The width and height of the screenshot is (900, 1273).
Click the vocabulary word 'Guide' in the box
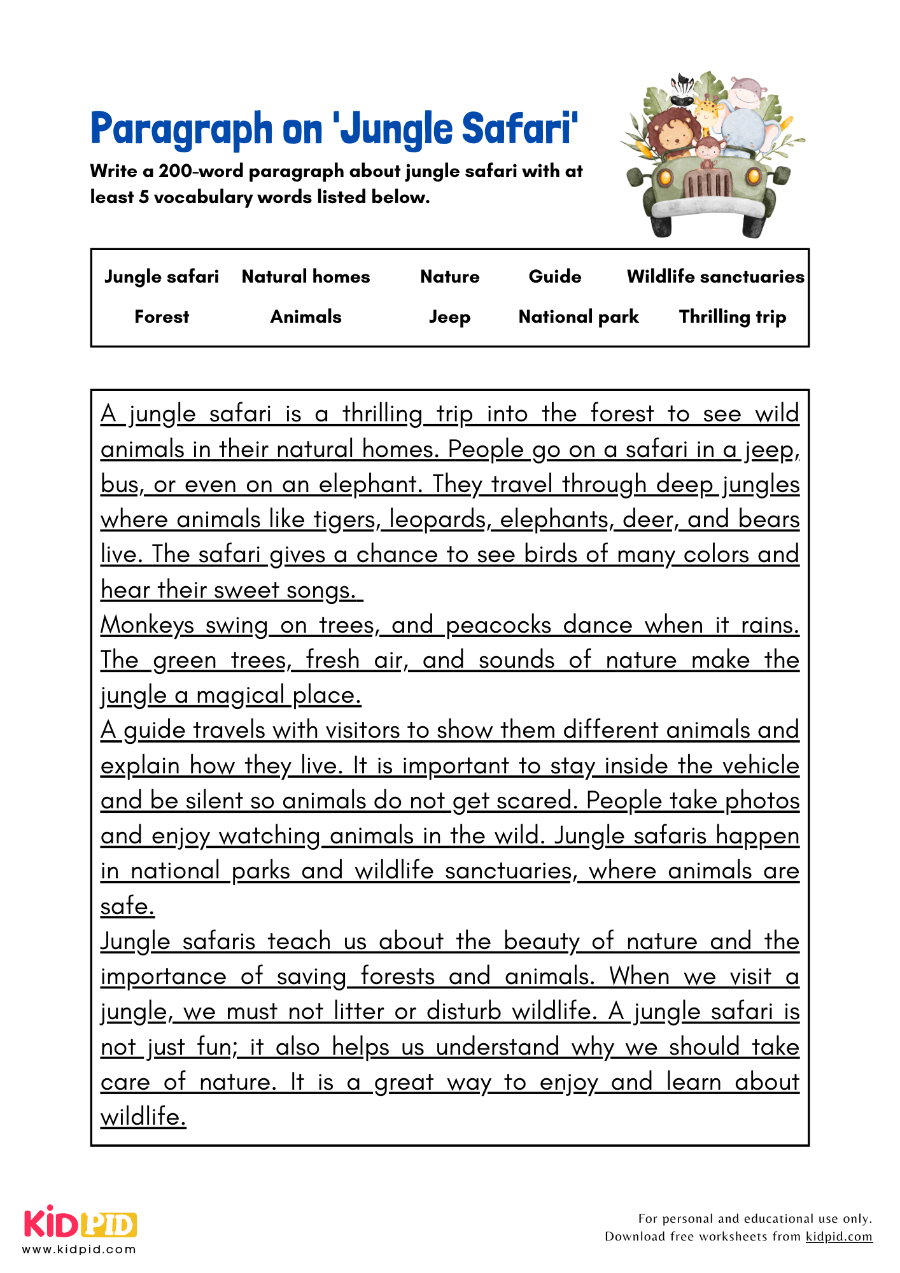(x=554, y=276)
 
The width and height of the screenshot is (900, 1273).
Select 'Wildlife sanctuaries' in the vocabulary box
(x=715, y=276)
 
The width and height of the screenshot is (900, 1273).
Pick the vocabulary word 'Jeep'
(x=449, y=317)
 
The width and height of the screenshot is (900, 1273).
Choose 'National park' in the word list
(x=578, y=317)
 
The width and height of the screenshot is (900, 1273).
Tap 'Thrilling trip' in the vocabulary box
(x=732, y=317)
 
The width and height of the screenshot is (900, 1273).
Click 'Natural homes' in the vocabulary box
(x=306, y=276)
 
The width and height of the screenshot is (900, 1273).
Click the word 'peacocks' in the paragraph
(x=498, y=625)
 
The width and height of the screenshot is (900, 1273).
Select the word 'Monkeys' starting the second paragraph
(x=146, y=625)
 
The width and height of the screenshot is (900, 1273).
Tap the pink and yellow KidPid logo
(x=80, y=1223)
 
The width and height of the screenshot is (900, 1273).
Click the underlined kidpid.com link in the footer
(x=838, y=1236)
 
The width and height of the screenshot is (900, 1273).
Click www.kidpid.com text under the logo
(x=80, y=1249)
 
